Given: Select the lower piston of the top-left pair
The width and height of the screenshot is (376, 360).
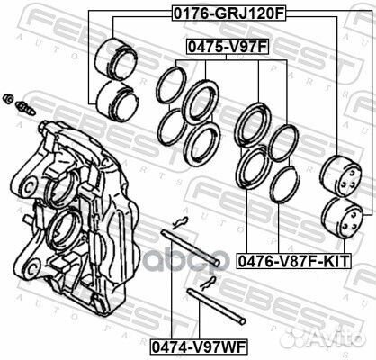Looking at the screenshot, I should pyautogui.click(x=113, y=97).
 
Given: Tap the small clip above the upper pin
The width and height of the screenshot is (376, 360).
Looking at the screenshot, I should pyautogui.click(x=181, y=223).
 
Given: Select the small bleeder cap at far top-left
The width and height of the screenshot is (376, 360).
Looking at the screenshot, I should pyautogui.click(x=7, y=97).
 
